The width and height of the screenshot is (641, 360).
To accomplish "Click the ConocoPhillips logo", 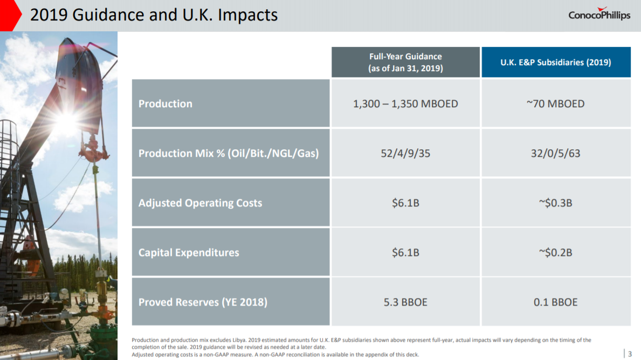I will coord(599,15).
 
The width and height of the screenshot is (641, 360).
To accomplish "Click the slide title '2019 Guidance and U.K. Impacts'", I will coord(154,15).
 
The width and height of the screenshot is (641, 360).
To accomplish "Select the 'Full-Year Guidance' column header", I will coord(405,63).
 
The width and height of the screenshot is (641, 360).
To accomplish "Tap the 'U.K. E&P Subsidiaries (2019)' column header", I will coord(556,63).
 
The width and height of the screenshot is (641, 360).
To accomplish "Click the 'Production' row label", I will coord(166,104).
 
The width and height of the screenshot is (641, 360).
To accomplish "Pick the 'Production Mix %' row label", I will coord(229,154).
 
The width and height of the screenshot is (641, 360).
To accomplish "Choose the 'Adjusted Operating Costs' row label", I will coord(200,203).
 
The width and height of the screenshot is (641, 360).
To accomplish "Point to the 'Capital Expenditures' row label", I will coord(189,253).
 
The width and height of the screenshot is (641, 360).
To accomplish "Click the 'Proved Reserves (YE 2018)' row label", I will coord(203,302).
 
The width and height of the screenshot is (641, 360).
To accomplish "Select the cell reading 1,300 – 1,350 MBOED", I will coord(405,104).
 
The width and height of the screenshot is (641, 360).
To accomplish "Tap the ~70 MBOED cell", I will coord(556,104).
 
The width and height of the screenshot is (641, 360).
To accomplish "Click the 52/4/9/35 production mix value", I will coord(405,154).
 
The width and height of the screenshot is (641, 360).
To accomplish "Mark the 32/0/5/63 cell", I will coord(556,154).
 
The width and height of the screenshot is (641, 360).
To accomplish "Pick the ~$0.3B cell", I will coord(556,203).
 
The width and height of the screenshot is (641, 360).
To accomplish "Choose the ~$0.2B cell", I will coord(556,253).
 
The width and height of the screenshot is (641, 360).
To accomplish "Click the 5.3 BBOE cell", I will coord(405,302).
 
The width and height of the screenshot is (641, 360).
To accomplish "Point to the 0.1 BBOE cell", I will coord(556,302).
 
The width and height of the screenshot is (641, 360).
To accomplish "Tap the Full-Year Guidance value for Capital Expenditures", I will coord(405,253).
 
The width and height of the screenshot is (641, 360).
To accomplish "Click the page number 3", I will coord(630,354).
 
